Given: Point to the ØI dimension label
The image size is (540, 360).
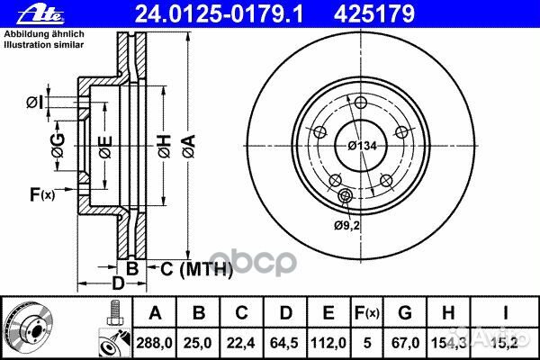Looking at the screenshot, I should point(33,101).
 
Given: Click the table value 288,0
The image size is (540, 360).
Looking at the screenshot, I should point(155,342).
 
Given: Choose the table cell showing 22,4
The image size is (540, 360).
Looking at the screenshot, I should point(241,342).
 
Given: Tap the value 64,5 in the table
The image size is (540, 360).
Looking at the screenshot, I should point(283,342).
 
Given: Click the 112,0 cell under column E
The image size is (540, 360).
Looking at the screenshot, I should point(328,342).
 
